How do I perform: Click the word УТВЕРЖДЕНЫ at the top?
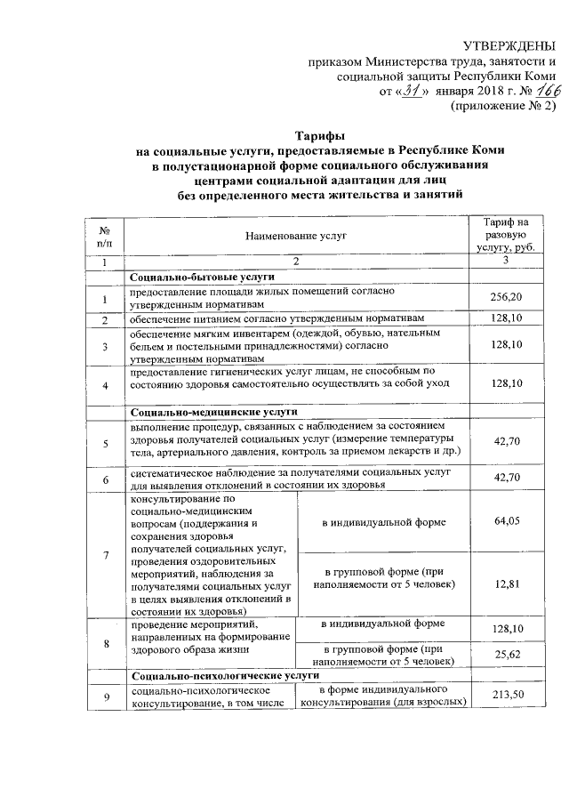tap(509, 46)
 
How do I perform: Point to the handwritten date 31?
tap(409, 90)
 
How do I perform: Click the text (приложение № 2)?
tap(504, 105)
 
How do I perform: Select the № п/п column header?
tap(105, 235)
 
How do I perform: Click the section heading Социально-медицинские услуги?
tap(201, 411)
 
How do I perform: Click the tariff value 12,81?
tap(505, 584)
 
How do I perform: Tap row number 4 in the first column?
tap(105, 384)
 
